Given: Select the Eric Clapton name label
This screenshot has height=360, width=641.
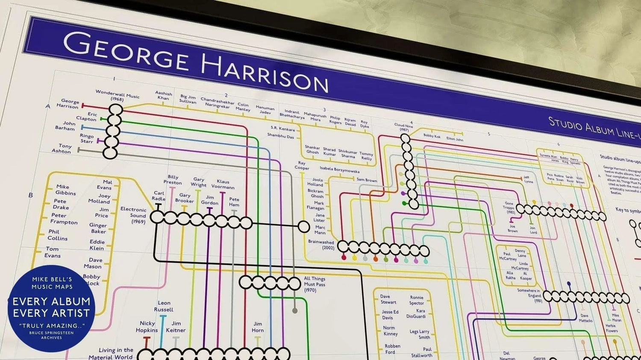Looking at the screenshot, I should [x=87, y=117].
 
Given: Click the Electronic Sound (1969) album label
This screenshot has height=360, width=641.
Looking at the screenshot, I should [x=134, y=215].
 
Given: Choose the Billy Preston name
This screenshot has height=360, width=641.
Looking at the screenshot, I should [x=173, y=180].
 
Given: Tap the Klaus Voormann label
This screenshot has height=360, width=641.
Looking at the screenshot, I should [x=223, y=184].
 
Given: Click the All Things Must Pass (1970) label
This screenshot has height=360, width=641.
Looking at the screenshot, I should [x=314, y=284].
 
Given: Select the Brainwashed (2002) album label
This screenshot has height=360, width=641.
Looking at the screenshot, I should [x=321, y=245].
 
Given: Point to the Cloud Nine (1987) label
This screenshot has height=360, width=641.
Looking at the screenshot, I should [x=404, y=127].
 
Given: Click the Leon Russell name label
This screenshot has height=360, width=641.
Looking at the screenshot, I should [x=164, y=306].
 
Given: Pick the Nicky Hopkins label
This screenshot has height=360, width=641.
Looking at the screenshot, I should [x=147, y=327].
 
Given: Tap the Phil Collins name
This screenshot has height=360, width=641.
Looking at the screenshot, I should [x=58, y=235].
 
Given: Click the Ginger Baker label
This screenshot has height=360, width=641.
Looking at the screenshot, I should [x=98, y=228].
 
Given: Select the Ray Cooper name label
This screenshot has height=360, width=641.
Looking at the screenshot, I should [x=302, y=165].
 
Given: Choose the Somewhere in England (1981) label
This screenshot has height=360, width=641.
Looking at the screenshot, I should [x=529, y=295].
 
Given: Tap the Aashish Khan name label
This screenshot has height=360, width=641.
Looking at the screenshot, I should [x=163, y=95].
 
